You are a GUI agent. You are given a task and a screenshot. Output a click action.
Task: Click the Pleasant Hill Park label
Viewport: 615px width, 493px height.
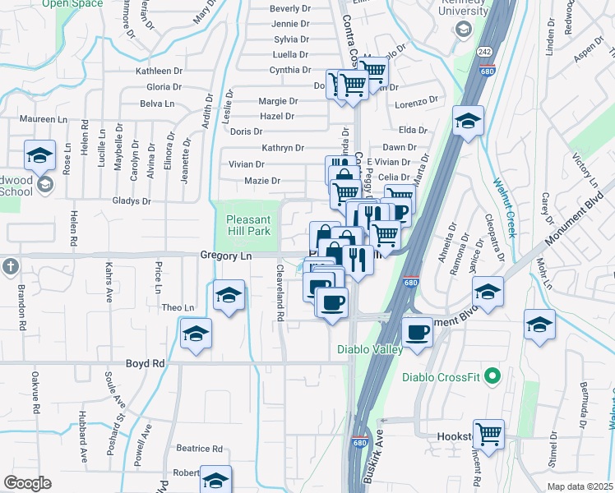point(248,226)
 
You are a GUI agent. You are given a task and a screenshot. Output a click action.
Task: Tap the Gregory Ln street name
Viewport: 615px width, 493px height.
point(224,256)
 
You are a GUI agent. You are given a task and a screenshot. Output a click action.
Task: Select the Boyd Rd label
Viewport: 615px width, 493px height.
point(145,363)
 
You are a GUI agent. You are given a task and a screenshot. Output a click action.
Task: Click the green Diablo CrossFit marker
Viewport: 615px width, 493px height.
point(492,378)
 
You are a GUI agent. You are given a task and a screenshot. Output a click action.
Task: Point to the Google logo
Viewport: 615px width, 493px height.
point(27,483)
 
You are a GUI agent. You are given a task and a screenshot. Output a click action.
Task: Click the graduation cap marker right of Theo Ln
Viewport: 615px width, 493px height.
point(229,295)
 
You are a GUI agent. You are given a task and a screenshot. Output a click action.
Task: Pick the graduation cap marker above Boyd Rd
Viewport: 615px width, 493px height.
point(196,334)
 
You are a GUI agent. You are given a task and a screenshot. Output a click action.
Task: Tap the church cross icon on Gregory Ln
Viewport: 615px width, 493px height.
point(9,266)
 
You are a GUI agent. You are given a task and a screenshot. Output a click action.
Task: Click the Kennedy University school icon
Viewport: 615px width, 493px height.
point(463,30)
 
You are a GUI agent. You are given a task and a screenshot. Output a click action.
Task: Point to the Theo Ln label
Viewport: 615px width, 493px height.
point(178,308)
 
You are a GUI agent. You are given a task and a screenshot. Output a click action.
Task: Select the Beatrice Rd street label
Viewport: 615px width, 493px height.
point(200,449)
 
